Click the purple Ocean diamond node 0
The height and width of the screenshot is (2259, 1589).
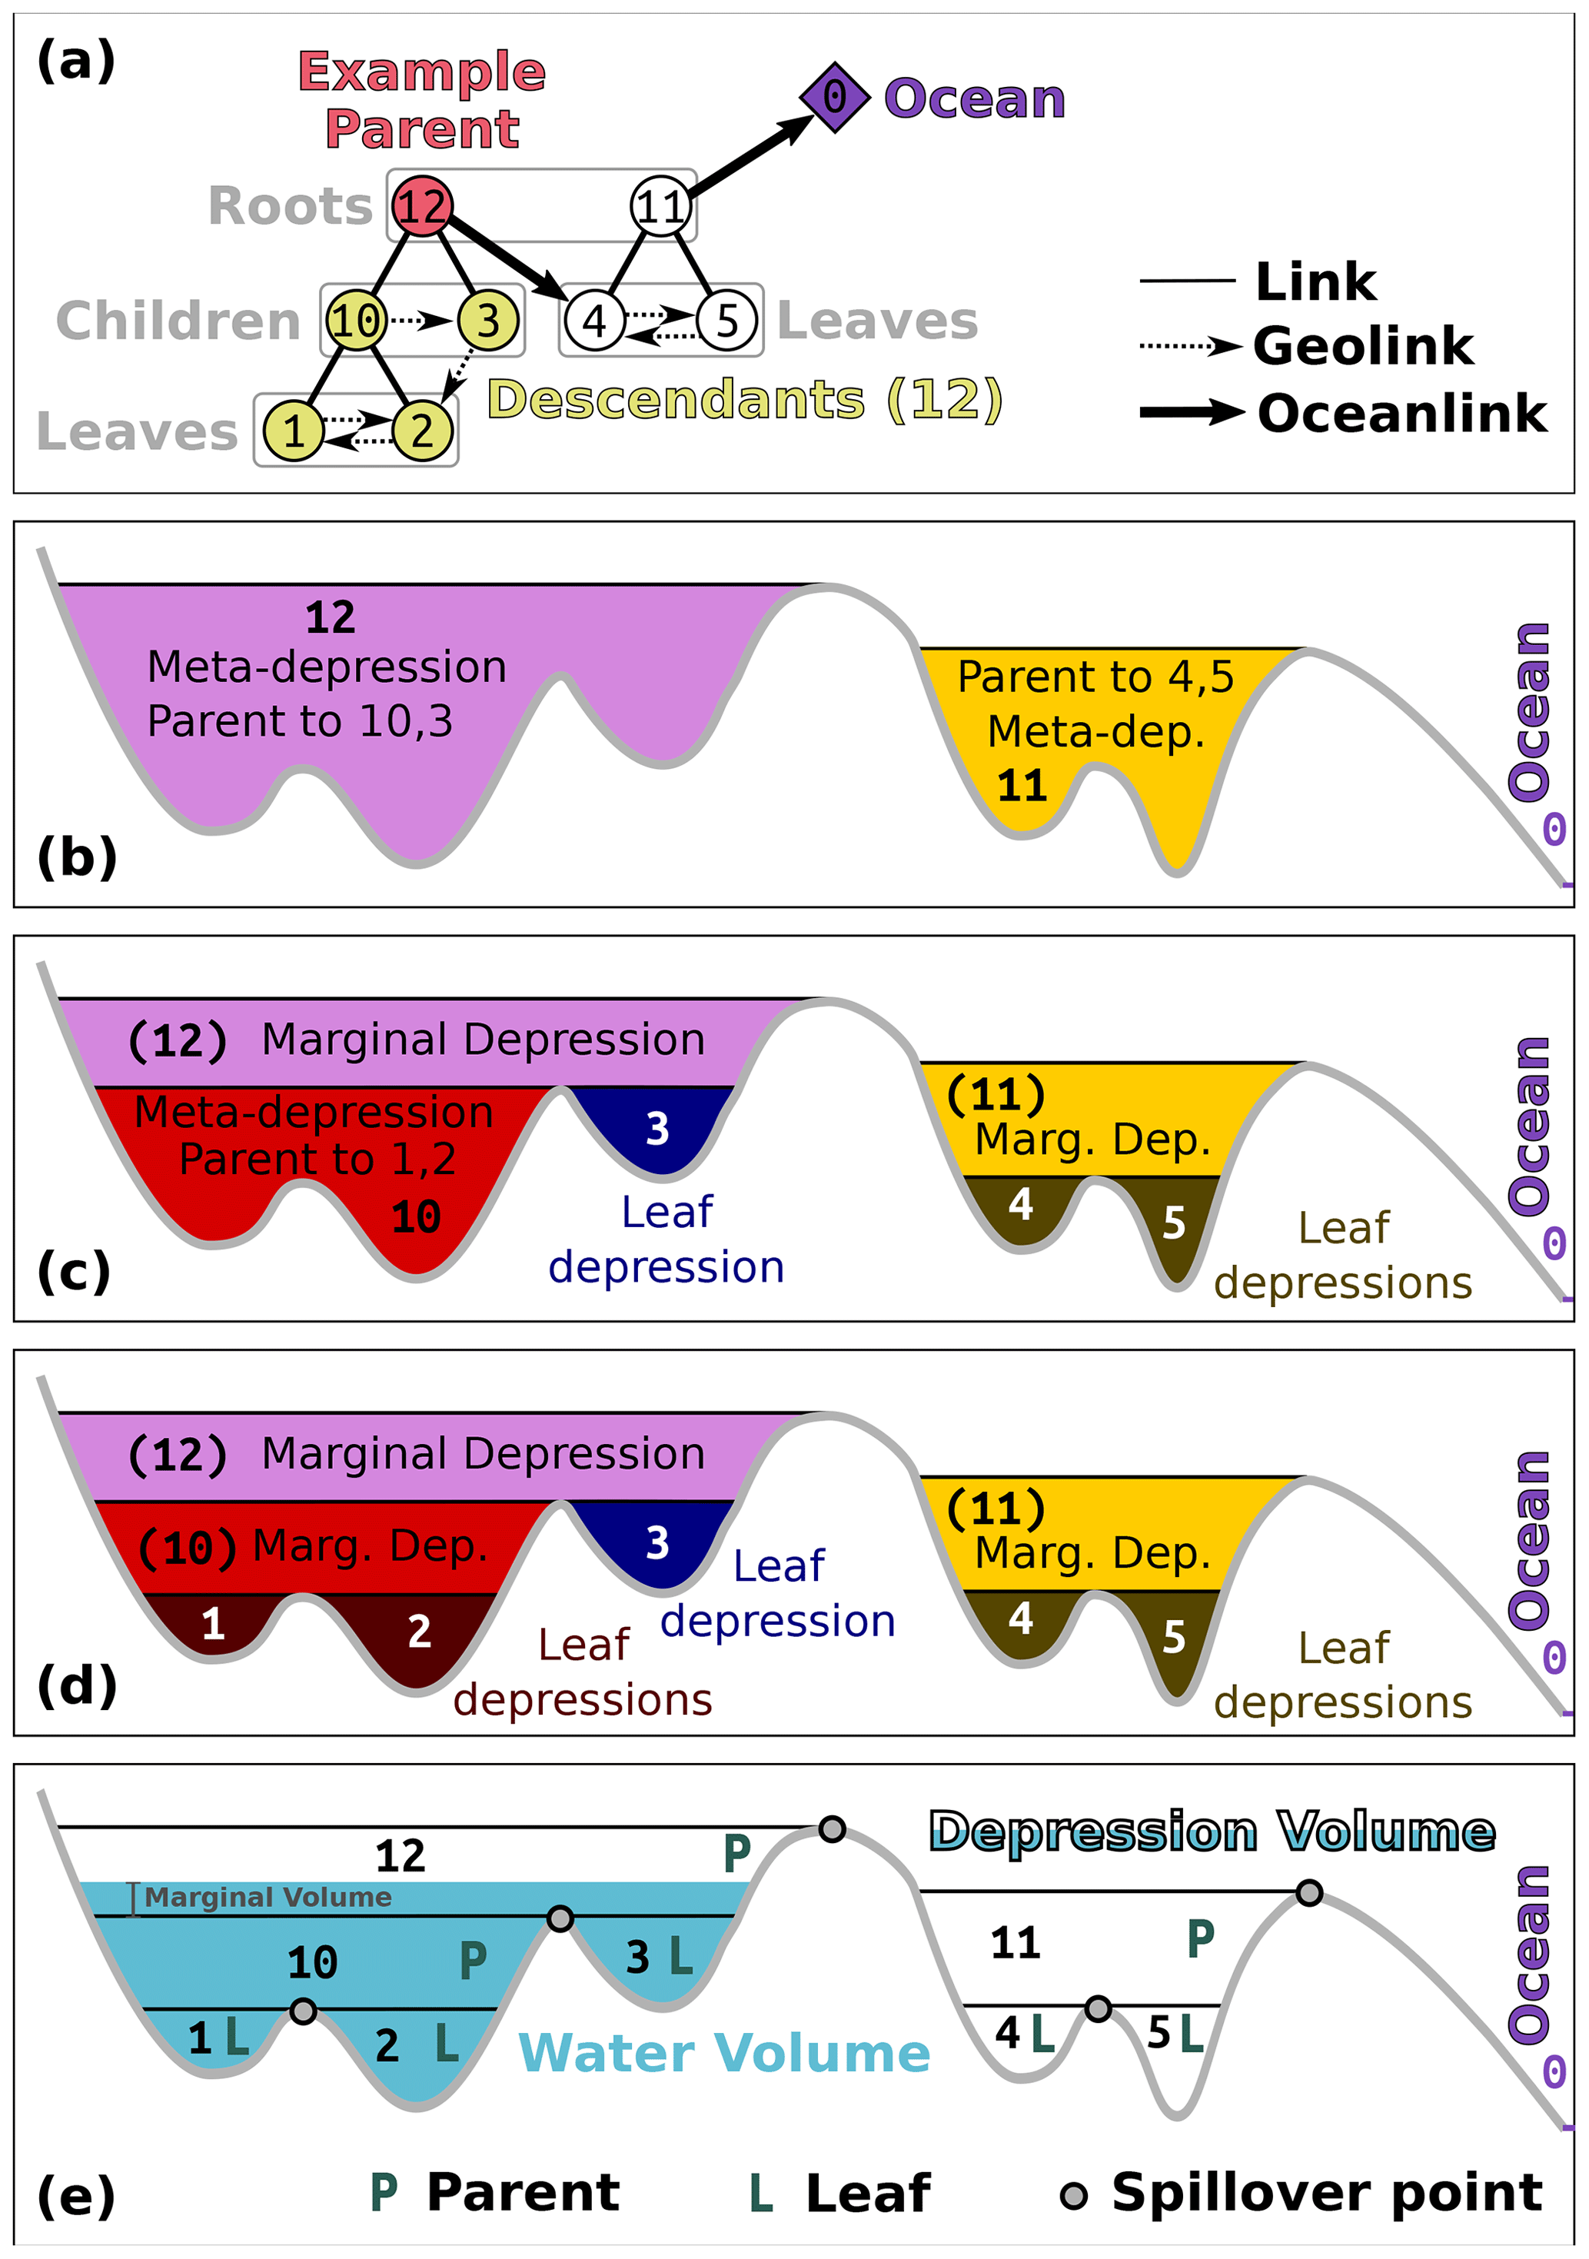coord(833,98)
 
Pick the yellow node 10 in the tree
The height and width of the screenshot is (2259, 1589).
coord(355,320)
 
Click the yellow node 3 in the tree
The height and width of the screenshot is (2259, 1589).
coord(488,320)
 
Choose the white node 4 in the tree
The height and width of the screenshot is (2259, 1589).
coord(594,320)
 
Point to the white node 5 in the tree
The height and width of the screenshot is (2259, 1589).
coord(727,320)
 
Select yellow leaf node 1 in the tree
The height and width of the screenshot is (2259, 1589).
coord(293,430)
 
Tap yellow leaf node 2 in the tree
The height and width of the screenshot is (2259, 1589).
coord(423,430)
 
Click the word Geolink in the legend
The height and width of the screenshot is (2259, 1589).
coord(1363,346)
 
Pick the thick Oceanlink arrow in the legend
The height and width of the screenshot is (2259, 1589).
coord(1191,412)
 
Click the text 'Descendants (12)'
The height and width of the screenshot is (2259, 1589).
coord(745,400)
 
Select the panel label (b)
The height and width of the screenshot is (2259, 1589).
coord(77,857)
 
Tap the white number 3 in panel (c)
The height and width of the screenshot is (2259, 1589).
coord(657,1129)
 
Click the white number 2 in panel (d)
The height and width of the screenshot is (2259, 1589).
coord(419,1632)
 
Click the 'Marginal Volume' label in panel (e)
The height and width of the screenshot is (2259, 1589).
coord(268,1897)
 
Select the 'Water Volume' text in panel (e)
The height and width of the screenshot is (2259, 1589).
coord(723,2054)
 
